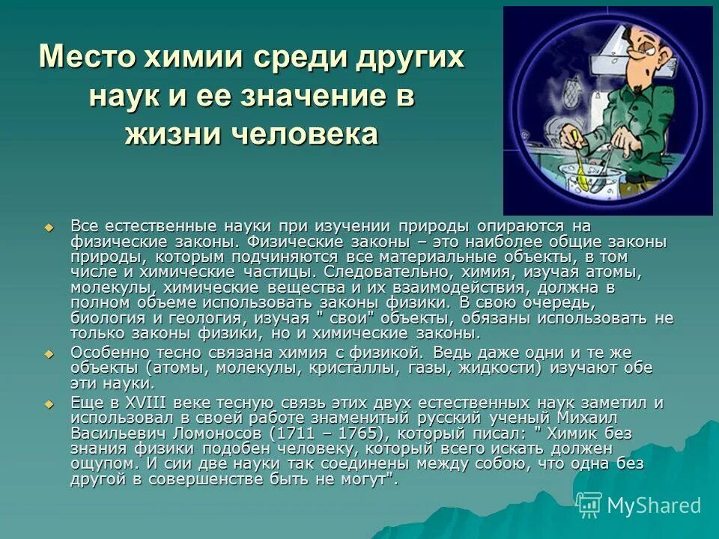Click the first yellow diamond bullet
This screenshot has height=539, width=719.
pyautogui.click(x=49, y=227)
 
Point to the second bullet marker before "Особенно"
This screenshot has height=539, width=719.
pyautogui.click(x=49, y=353)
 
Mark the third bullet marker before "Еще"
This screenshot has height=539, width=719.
pyautogui.click(x=49, y=404)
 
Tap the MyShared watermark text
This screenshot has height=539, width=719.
pyautogui.click(x=654, y=506)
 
